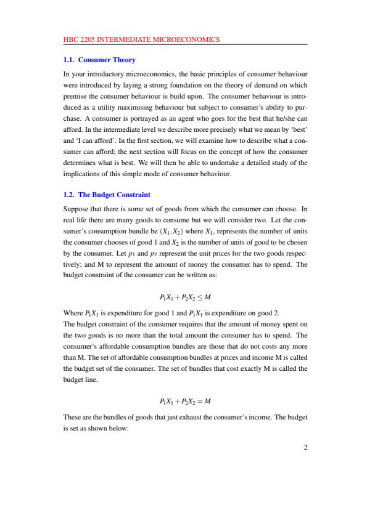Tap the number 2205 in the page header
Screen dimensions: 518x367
[x=91, y=39]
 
